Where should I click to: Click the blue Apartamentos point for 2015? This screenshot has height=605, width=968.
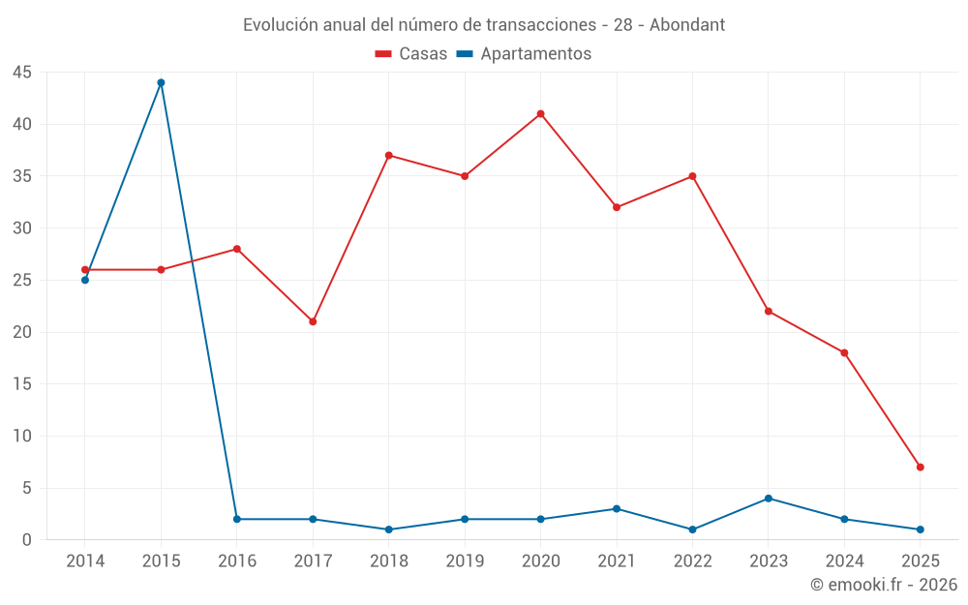(161, 82)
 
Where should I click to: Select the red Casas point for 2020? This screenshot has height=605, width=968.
(540, 114)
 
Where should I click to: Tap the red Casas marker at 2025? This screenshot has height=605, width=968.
(920, 467)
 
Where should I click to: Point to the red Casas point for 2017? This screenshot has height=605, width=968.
(313, 321)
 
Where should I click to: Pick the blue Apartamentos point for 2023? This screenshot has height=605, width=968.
(768, 499)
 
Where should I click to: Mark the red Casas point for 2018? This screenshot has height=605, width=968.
(388, 155)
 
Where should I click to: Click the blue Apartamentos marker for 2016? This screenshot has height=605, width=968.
(236, 519)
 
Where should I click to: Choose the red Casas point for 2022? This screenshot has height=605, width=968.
(692, 176)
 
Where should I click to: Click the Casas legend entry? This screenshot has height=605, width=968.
(411, 54)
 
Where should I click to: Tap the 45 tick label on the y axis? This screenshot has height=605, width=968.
(22, 73)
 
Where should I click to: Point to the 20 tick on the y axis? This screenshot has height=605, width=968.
(22, 332)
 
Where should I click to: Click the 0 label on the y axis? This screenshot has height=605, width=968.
(27, 540)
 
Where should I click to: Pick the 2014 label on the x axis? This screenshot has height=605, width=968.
(85, 561)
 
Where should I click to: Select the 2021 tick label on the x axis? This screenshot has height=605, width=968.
(617, 561)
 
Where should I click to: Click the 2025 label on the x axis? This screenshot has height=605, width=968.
(920, 561)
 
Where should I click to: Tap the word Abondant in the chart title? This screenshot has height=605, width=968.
(687, 25)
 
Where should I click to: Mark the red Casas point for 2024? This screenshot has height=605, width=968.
(844, 352)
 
